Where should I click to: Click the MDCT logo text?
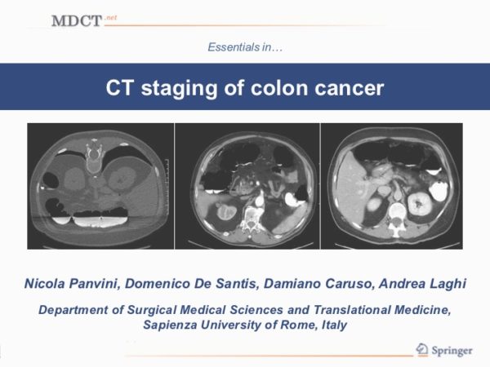(77, 21)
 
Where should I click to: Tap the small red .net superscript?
(110, 17)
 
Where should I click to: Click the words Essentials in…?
(245, 47)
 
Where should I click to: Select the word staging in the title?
(180, 89)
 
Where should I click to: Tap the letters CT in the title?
(120, 88)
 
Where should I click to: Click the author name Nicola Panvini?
(72, 283)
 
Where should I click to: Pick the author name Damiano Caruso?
(318, 283)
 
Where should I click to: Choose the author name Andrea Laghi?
(422, 283)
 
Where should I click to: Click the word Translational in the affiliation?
(352, 310)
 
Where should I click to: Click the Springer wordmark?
(452, 351)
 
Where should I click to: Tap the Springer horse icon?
(422, 349)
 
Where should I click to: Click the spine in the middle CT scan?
(251, 219)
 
